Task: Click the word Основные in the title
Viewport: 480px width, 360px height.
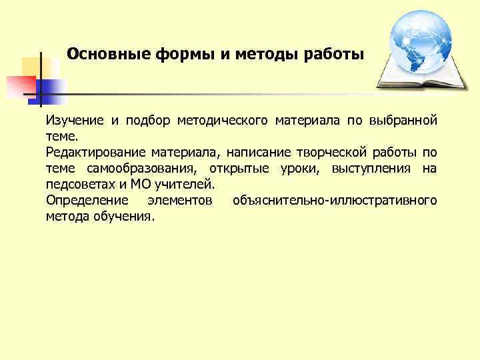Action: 109,53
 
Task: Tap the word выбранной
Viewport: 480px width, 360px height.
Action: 404,120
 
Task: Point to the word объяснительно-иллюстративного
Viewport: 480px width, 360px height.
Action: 335,201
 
